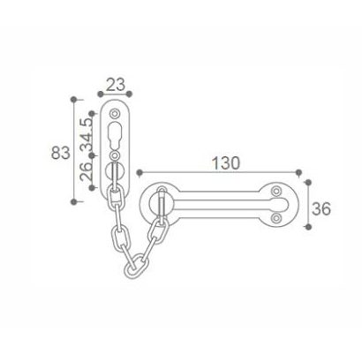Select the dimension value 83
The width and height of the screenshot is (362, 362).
(60, 152)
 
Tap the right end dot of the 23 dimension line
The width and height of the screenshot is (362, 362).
(131, 93)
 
